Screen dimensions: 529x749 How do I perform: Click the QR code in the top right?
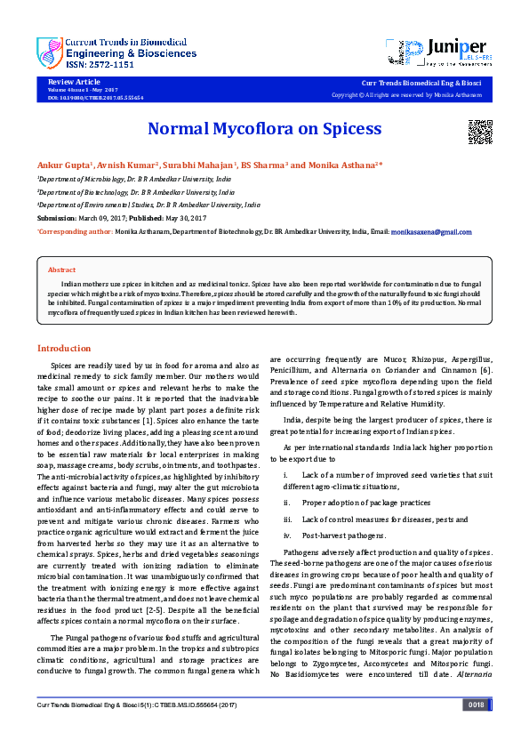tap(480, 131)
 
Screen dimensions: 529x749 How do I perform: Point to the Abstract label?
tap(61, 270)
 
